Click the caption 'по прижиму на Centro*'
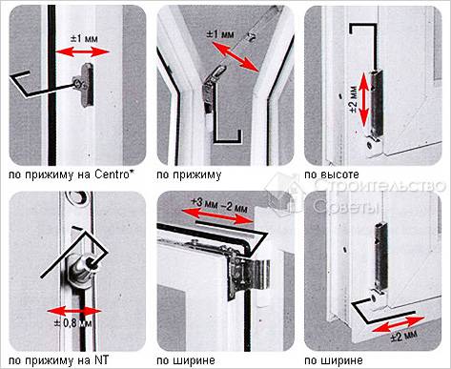pos(72,174)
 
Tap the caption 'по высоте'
pos(332,174)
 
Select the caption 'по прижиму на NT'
pos(58,360)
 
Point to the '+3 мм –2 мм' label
pos(219,204)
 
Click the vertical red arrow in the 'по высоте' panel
pos(364,99)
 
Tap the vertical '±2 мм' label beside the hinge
pos(354,99)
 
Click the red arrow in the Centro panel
pos(82,51)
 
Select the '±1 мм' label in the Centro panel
pos(84,38)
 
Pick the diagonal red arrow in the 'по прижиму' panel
pos(236,58)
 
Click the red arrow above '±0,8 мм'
pos(74,311)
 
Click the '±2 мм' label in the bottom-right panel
pos(403,336)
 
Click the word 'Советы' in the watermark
pos(346,207)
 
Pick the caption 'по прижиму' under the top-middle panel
pos(189,174)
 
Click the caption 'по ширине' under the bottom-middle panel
pos(186,360)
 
